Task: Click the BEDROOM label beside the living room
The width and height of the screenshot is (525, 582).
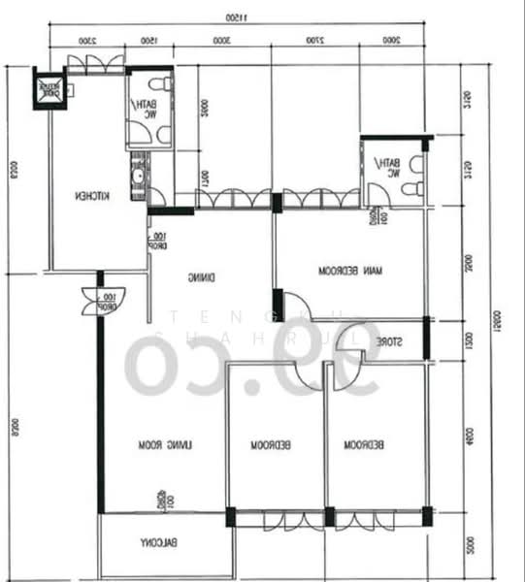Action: (x=273, y=445)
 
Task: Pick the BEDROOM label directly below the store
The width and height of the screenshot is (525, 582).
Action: (x=365, y=444)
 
